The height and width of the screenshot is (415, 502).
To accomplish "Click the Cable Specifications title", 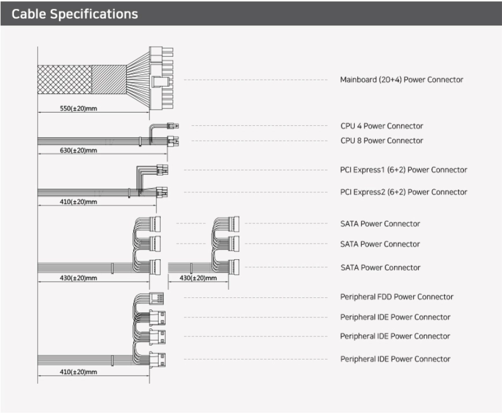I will coord(74,14).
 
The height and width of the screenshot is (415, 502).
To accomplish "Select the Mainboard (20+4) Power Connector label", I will coord(401,80).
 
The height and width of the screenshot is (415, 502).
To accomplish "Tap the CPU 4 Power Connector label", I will coord(381,125).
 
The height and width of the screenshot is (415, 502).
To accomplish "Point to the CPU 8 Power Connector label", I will coord(381,140).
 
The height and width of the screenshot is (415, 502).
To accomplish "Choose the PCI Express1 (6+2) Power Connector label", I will coord(403,170).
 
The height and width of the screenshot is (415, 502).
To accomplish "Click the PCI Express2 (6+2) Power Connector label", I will coord(403,192).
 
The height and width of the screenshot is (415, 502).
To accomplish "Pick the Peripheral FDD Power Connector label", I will coord(396,297).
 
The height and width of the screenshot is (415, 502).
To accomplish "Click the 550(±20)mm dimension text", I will coord(77,109).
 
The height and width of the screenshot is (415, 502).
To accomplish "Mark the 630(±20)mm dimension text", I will coord(78,150).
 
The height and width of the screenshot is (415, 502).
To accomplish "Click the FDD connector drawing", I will coord(156,297).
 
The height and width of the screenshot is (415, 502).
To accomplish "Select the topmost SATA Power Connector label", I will coord(380,223).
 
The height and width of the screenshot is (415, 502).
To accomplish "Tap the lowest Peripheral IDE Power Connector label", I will coord(395,358).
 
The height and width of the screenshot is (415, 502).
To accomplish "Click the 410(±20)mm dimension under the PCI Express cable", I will coord(78,203).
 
